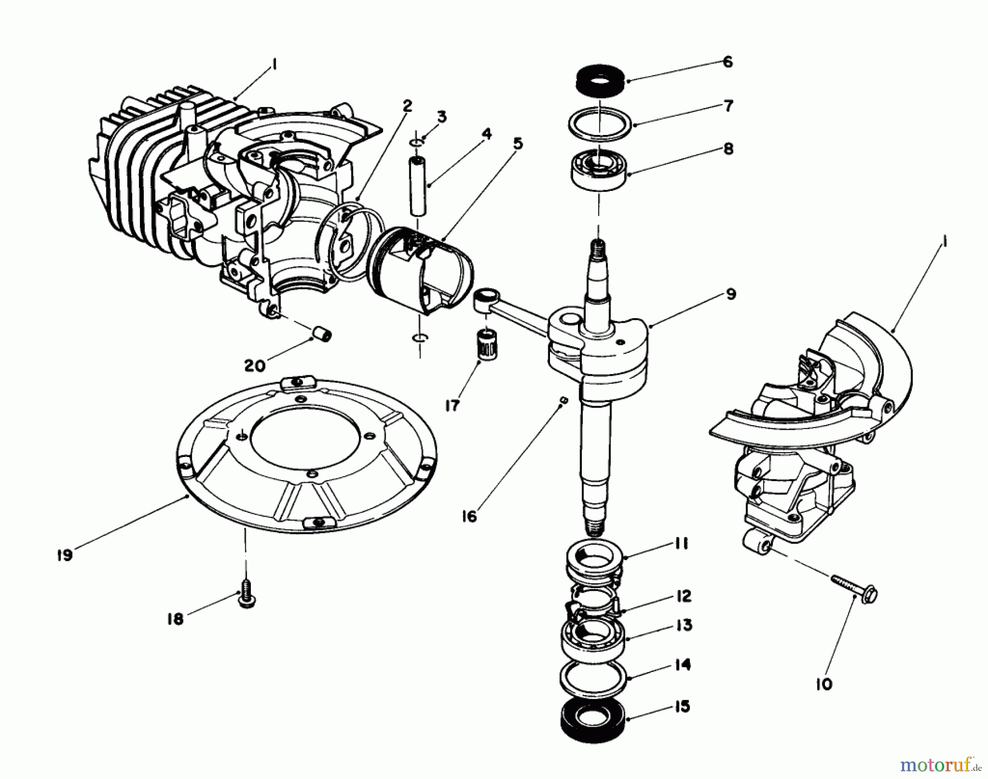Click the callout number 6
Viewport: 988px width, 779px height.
tap(727, 61)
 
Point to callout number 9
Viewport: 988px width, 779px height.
tap(731, 294)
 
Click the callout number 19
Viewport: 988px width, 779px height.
tap(64, 555)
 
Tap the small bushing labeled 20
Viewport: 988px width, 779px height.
tap(322, 334)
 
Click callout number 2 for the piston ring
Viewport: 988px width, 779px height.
tap(407, 106)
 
